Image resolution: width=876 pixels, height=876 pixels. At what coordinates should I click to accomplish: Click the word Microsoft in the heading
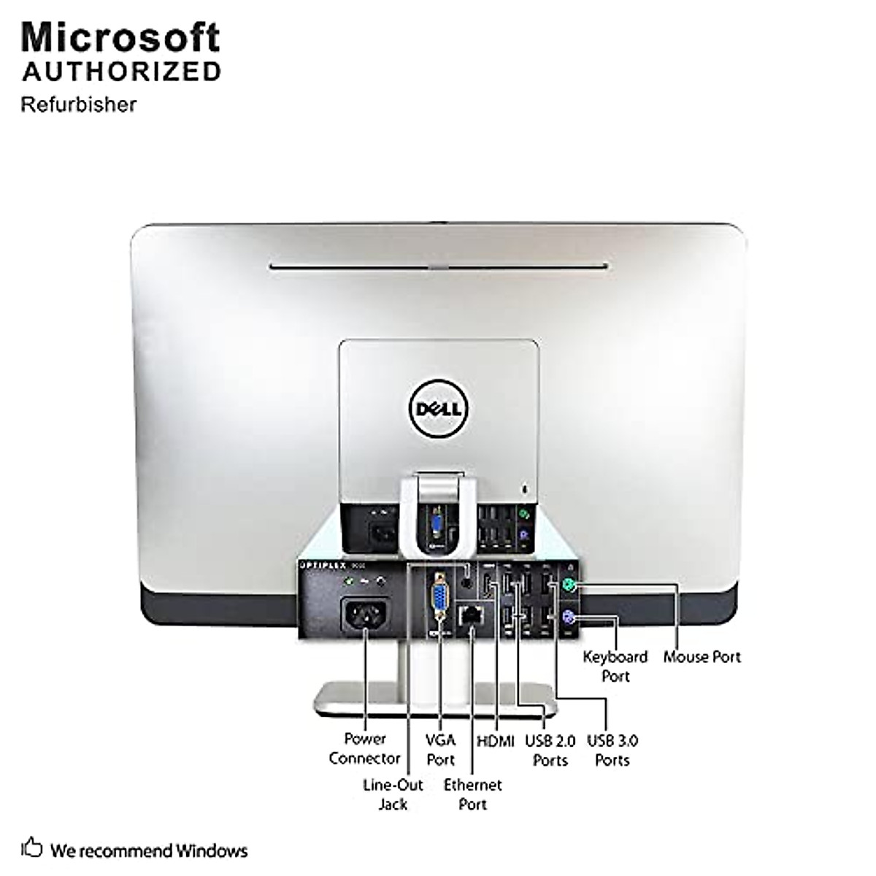pos(120,37)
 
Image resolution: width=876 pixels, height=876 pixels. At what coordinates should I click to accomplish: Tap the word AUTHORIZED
pos(121,72)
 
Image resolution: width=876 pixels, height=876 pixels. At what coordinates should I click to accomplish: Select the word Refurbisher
pos(79,104)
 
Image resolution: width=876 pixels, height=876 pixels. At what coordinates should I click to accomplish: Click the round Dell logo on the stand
pos(439,407)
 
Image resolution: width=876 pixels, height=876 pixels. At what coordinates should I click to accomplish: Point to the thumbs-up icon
pos(32,849)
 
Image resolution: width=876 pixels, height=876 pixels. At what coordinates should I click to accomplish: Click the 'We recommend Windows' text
pos(149,850)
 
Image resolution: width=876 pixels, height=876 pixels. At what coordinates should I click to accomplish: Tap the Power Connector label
pos(364,748)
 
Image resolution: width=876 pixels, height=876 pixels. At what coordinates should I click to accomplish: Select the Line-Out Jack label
pos(393,794)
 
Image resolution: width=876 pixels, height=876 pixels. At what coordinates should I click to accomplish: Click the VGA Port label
pos(441,750)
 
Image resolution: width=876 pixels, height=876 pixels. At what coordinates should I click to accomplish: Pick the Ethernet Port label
pos(473,794)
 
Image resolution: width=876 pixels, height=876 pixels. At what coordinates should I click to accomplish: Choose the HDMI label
pos(496,741)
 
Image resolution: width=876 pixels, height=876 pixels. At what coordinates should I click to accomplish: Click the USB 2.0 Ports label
pos(550,750)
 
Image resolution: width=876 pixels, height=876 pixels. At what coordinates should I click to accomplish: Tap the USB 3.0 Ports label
pos(612,750)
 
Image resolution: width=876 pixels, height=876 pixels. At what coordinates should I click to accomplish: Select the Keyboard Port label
pos(615,666)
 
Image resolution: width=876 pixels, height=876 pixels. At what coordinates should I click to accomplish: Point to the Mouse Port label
pos(702,657)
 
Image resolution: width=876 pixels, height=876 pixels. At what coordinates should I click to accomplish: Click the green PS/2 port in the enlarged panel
pos(570,585)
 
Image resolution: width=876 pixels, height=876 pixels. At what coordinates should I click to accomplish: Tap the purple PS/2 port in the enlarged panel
pos(570,620)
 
